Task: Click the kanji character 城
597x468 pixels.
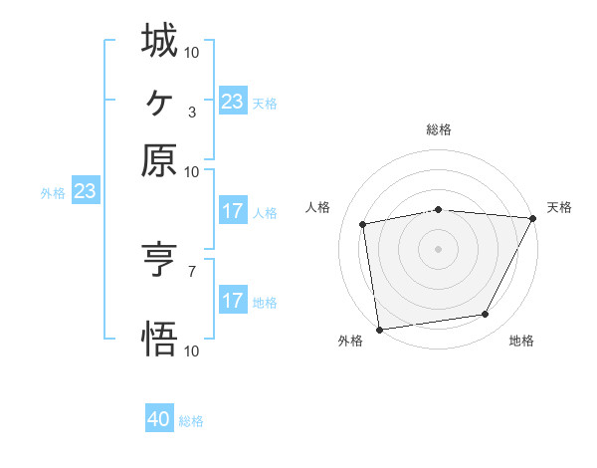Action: click(159, 41)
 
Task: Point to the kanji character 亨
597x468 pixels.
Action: click(159, 261)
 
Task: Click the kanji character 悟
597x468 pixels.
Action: click(159, 340)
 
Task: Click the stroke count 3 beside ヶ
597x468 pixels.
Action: click(191, 111)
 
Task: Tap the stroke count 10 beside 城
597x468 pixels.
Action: click(192, 50)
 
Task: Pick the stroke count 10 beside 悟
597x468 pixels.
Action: click(192, 351)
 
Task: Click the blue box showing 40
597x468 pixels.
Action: click(159, 420)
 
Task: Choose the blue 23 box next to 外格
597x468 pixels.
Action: click(84, 192)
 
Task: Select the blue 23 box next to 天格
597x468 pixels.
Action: click(232, 102)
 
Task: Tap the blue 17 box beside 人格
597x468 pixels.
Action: click(232, 211)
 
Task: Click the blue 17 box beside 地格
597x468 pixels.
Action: click(232, 301)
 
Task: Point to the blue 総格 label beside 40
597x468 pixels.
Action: click(191, 421)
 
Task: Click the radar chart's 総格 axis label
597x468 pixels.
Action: click(439, 129)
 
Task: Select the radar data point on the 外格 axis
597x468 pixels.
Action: click(379, 329)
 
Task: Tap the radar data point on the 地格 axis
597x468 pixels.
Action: click(486, 315)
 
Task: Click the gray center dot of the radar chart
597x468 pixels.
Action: click(438, 248)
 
